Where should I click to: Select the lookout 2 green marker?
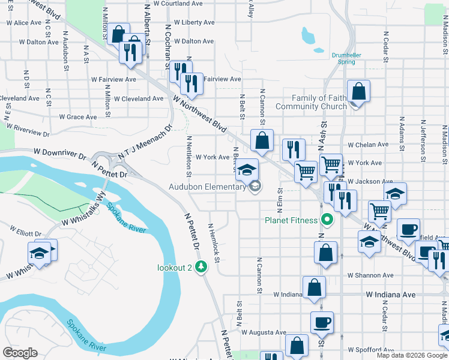(x=202, y=268)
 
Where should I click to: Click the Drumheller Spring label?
(x=346, y=58)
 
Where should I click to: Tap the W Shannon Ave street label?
(x=371, y=276)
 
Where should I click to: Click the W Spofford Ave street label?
(x=370, y=349)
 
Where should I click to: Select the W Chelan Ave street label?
(x=368, y=145)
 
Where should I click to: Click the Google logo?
(x=20, y=353)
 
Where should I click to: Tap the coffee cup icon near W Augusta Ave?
(x=322, y=322)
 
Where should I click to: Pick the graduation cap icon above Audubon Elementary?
(x=246, y=169)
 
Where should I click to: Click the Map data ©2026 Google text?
(x=411, y=355)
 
